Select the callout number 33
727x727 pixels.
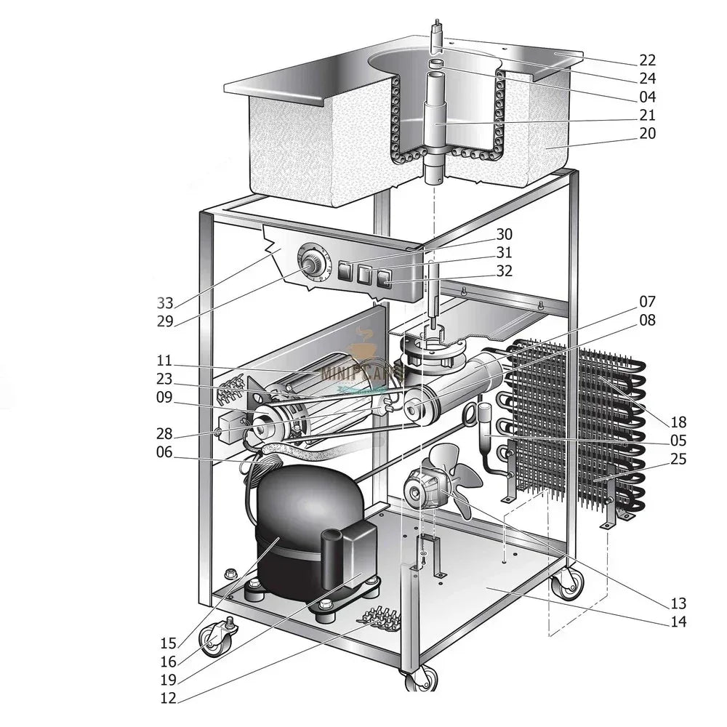click(165, 303)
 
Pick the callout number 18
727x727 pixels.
click(678, 422)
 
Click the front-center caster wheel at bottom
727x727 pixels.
click(419, 680)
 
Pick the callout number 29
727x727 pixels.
click(165, 321)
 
